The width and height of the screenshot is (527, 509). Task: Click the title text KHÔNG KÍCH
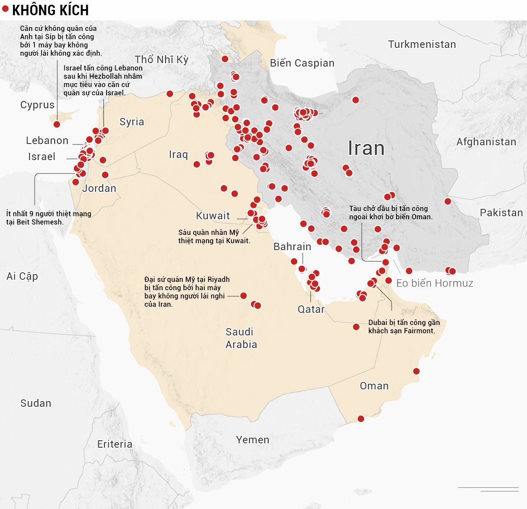50,10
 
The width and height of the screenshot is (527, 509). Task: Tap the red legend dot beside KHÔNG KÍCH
5,8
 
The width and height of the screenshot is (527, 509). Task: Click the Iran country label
366,148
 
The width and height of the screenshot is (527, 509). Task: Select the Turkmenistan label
422,44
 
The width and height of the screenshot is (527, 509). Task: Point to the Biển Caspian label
302,63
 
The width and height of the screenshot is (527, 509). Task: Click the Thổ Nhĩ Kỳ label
161,60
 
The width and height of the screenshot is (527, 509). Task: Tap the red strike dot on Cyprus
57,124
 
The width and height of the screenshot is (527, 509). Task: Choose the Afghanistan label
486,142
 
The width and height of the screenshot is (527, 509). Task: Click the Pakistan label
501,213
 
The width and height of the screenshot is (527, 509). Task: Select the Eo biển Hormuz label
434,283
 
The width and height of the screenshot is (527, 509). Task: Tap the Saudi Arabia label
241,338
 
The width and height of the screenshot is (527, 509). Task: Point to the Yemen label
253,440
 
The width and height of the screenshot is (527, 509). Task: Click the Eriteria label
115,444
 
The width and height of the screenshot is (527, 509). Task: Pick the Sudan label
36,403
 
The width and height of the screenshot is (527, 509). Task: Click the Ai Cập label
22,276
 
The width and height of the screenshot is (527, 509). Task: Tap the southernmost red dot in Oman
360,419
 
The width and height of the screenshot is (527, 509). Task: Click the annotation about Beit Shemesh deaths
48,218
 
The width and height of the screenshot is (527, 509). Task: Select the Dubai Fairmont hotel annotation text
404,327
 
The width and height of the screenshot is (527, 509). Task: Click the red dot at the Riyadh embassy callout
243,296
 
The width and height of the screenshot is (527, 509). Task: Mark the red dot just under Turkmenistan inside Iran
356,100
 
